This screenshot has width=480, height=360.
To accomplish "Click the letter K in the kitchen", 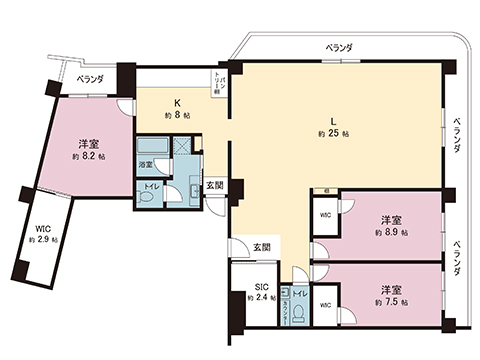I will [176, 102].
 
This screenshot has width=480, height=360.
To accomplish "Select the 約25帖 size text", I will [333, 133].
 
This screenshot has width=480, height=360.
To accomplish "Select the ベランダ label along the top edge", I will [342, 47].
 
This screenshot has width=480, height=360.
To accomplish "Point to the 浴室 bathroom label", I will [145, 163].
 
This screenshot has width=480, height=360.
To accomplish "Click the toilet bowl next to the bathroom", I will [146, 197].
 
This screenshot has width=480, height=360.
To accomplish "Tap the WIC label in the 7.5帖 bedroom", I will [325, 305].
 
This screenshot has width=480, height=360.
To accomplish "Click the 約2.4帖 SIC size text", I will [261, 297].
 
